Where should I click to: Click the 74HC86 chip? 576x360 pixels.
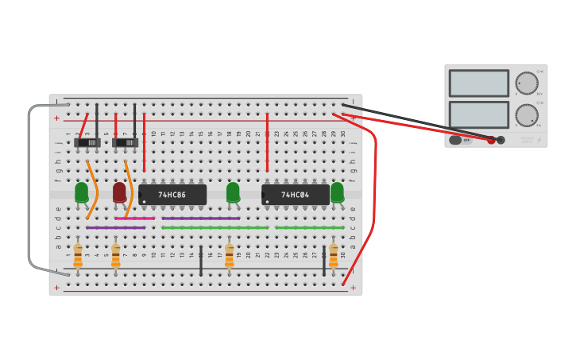click(172, 195)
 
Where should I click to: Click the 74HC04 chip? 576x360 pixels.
click(296, 195)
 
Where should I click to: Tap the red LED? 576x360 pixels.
click(119, 192)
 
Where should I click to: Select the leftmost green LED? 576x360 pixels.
click(82, 192)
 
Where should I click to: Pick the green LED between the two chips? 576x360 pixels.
click(233, 192)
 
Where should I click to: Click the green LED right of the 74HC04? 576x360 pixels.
click(337, 192)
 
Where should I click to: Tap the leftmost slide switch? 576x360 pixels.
click(87, 142)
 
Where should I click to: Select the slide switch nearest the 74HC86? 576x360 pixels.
click(125, 142)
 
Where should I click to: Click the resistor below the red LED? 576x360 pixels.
click(116, 256)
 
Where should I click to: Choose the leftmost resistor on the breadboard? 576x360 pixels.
click(78, 256)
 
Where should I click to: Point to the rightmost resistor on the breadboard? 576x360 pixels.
click(333, 256)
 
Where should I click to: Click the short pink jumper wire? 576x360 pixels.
click(134, 218)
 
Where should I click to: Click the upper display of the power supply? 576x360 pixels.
click(478, 83)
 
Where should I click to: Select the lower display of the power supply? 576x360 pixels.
click(478, 114)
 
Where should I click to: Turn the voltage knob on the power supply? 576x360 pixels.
click(526, 83)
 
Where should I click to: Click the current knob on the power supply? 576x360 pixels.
click(526, 115)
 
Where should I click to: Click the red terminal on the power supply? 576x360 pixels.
click(492, 140)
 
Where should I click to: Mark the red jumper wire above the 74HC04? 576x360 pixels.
click(267, 143)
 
